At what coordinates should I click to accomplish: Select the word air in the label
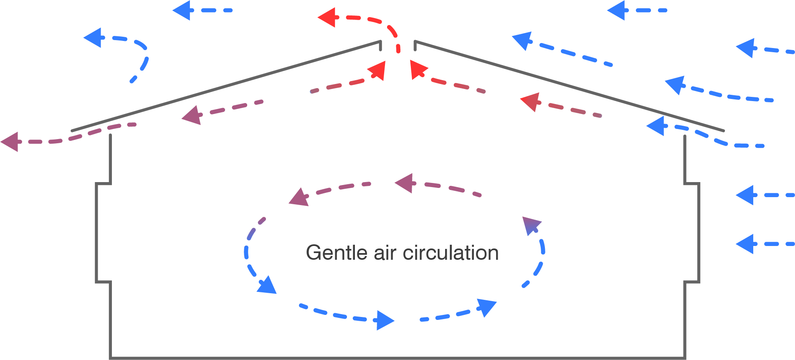tap(386, 253)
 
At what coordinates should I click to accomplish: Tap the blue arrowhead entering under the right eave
tap(656, 126)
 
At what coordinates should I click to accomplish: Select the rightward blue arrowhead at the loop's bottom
tap(385, 320)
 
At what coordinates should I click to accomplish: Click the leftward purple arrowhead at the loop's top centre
tap(404, 183)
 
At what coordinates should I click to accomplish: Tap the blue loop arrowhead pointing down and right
tap(266, 286)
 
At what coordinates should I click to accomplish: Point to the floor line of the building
tap(397, 358)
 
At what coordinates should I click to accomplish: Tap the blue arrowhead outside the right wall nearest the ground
tap(745, 244)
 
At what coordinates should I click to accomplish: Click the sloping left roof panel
tap(225, 86)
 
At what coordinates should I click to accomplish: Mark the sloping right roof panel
tap(568, 86)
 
